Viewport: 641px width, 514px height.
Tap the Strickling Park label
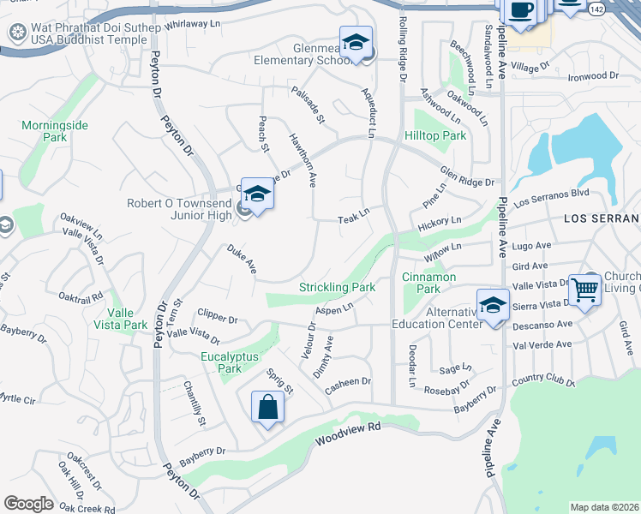[x=337, y=288]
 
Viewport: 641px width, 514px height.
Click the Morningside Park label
[x=55, y=131]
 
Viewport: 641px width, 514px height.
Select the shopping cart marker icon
[x=584, y=290]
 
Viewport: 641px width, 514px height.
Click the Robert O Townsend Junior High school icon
[x=256, y=194]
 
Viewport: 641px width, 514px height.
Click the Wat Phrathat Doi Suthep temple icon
[x=16, y=33]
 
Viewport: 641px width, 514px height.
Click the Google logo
[x=28, y=504]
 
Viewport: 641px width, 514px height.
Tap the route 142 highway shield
[x=596, y=8]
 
